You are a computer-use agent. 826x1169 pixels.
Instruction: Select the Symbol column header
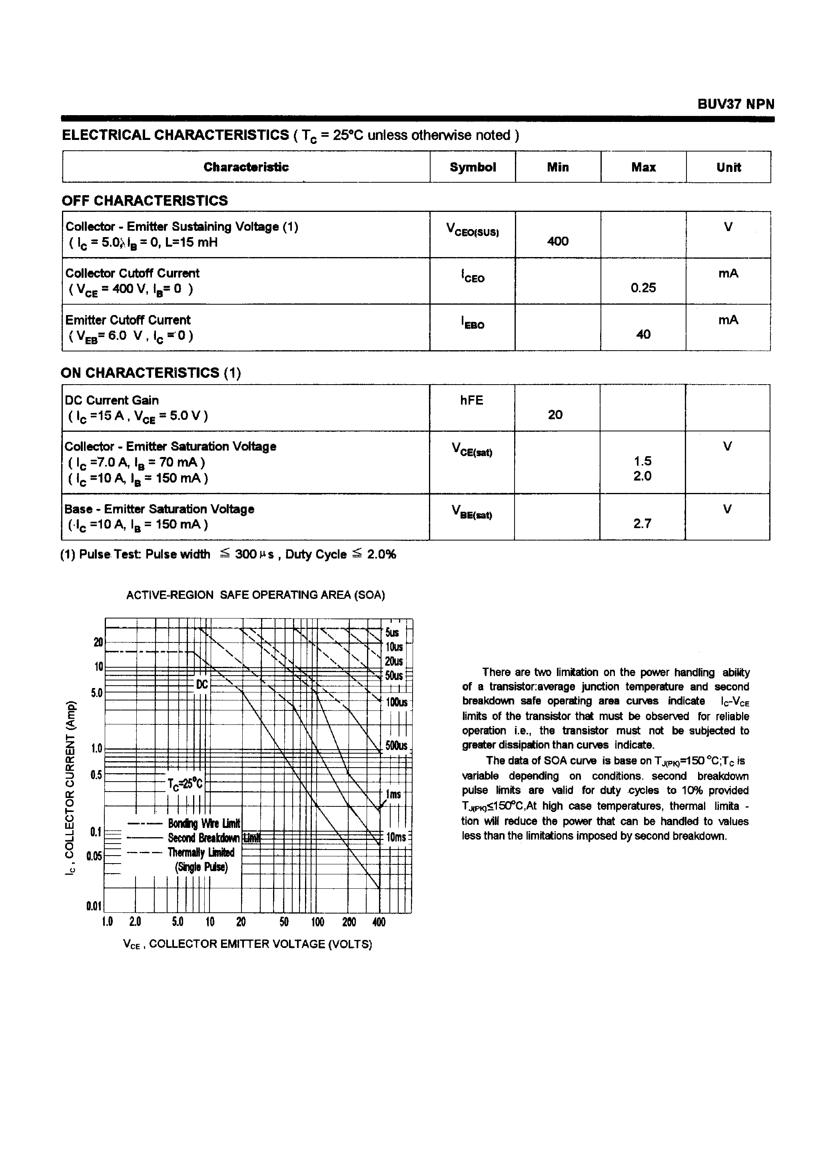(473, 168)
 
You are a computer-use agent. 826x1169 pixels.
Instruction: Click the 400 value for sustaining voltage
(558, 241)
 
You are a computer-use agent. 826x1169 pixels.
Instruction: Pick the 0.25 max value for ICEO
(643, 288)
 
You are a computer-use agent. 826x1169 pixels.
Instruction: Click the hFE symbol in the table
(471, 400)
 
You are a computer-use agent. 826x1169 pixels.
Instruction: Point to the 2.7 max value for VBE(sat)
(642, 524)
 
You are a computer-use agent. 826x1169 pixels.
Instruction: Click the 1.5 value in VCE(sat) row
(642, 461)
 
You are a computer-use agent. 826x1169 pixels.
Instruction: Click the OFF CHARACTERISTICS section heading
(145, 201)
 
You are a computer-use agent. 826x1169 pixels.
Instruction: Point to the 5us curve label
(392, 632)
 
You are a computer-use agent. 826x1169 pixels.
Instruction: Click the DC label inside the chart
(202, 685)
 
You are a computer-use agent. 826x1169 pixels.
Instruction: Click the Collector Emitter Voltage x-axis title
(247, 944)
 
